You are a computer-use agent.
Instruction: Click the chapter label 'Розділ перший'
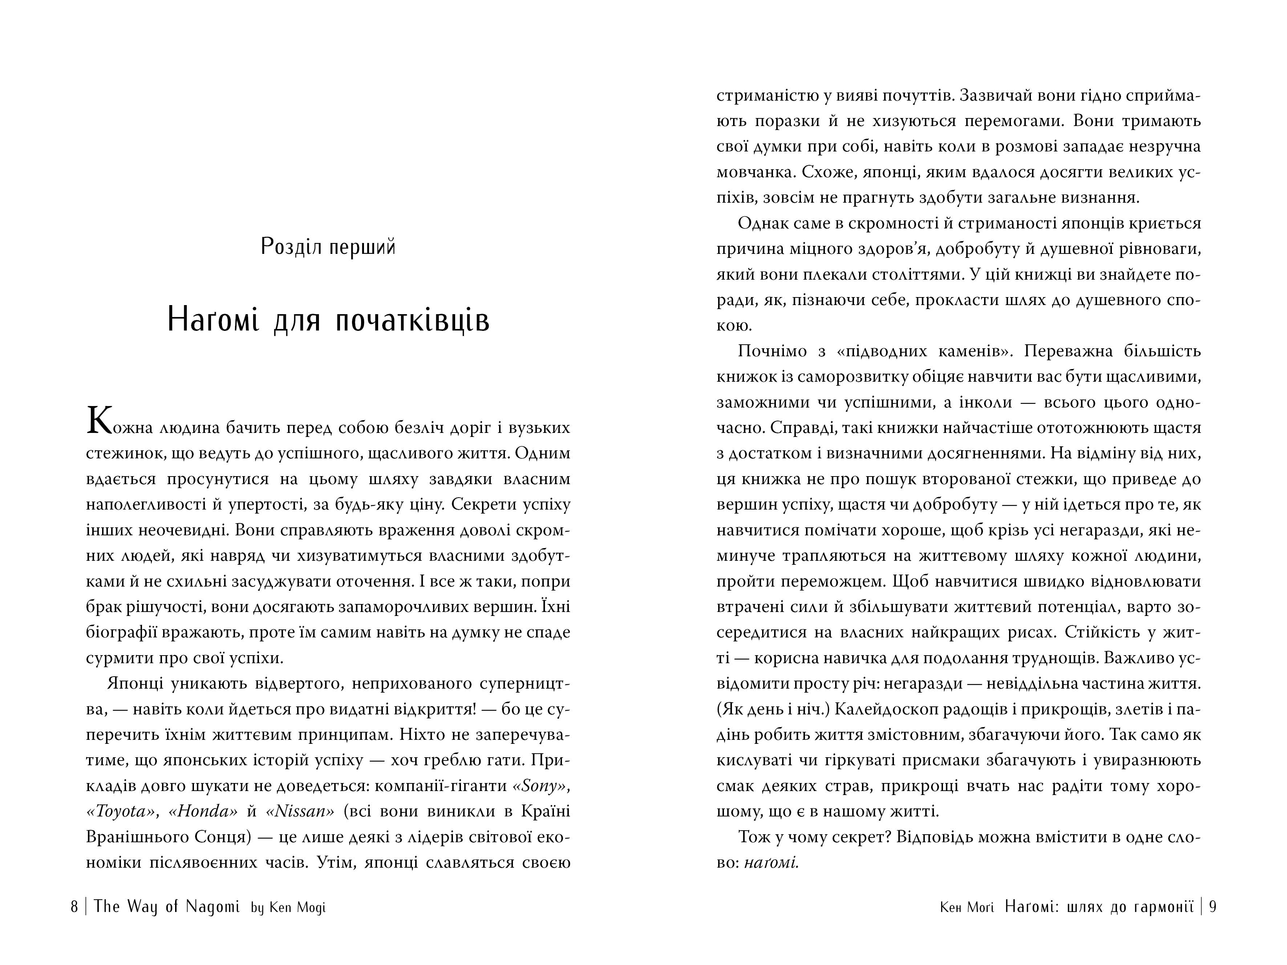[328, 247]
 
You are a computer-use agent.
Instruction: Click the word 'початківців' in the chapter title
[413, 320]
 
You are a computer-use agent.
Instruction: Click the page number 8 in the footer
[74, 907]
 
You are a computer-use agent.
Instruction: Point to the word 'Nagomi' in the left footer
[213, 907]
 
